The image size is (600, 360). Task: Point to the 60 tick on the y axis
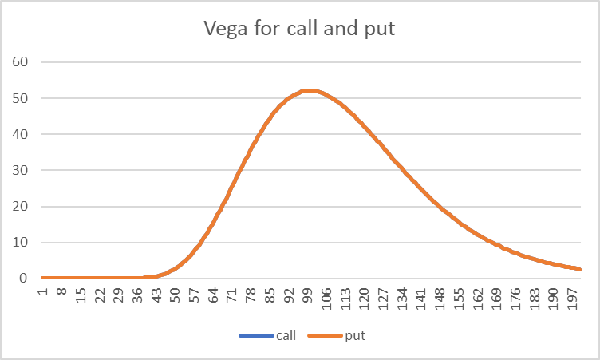click(x=22, y=62)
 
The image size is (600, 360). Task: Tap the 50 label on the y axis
click(x=22, y=98)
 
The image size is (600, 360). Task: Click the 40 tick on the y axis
click(x=22, y=134)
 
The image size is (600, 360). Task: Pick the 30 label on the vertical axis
click(x=22, y=171)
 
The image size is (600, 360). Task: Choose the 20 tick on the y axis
click(x=22, y=207)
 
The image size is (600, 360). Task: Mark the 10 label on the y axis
click(x=22, y=243)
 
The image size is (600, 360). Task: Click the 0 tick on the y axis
click(x=25, y=279)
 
